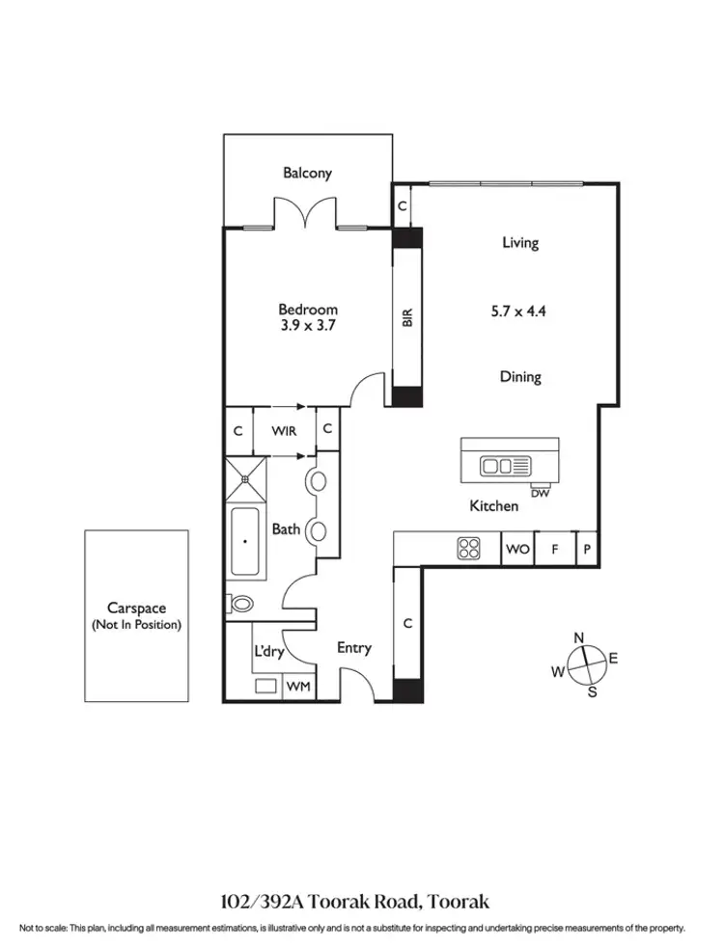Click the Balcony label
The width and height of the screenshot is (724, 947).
click(x=307, y=174)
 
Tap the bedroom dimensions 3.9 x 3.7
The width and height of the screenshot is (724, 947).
click(x=308, y=326)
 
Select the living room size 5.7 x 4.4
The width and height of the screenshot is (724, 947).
click(x=519, y=311)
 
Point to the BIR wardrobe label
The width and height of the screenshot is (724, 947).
click(x=407, y=317)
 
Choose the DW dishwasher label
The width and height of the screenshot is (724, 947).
click(x=540, y=494)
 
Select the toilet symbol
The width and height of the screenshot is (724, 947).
click(x=240, y=605)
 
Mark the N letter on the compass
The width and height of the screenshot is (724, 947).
click(x=579, y=638)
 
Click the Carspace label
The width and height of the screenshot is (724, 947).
click(x=136, y=609)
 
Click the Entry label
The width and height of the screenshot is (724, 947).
click(x=354, y=648)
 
